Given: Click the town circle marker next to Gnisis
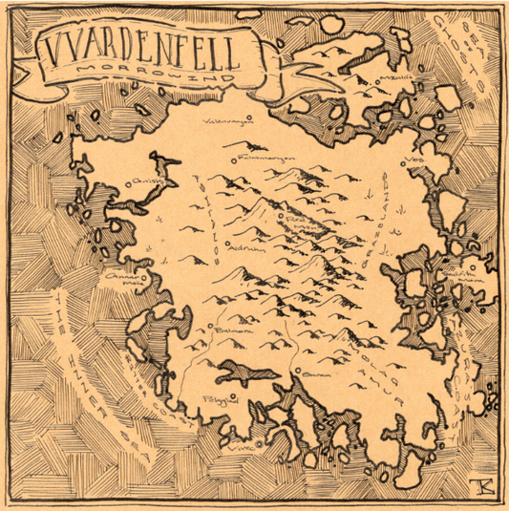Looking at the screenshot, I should [131, 181].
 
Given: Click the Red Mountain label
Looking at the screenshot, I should [298, 224].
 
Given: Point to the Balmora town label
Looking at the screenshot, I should [232, 331].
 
